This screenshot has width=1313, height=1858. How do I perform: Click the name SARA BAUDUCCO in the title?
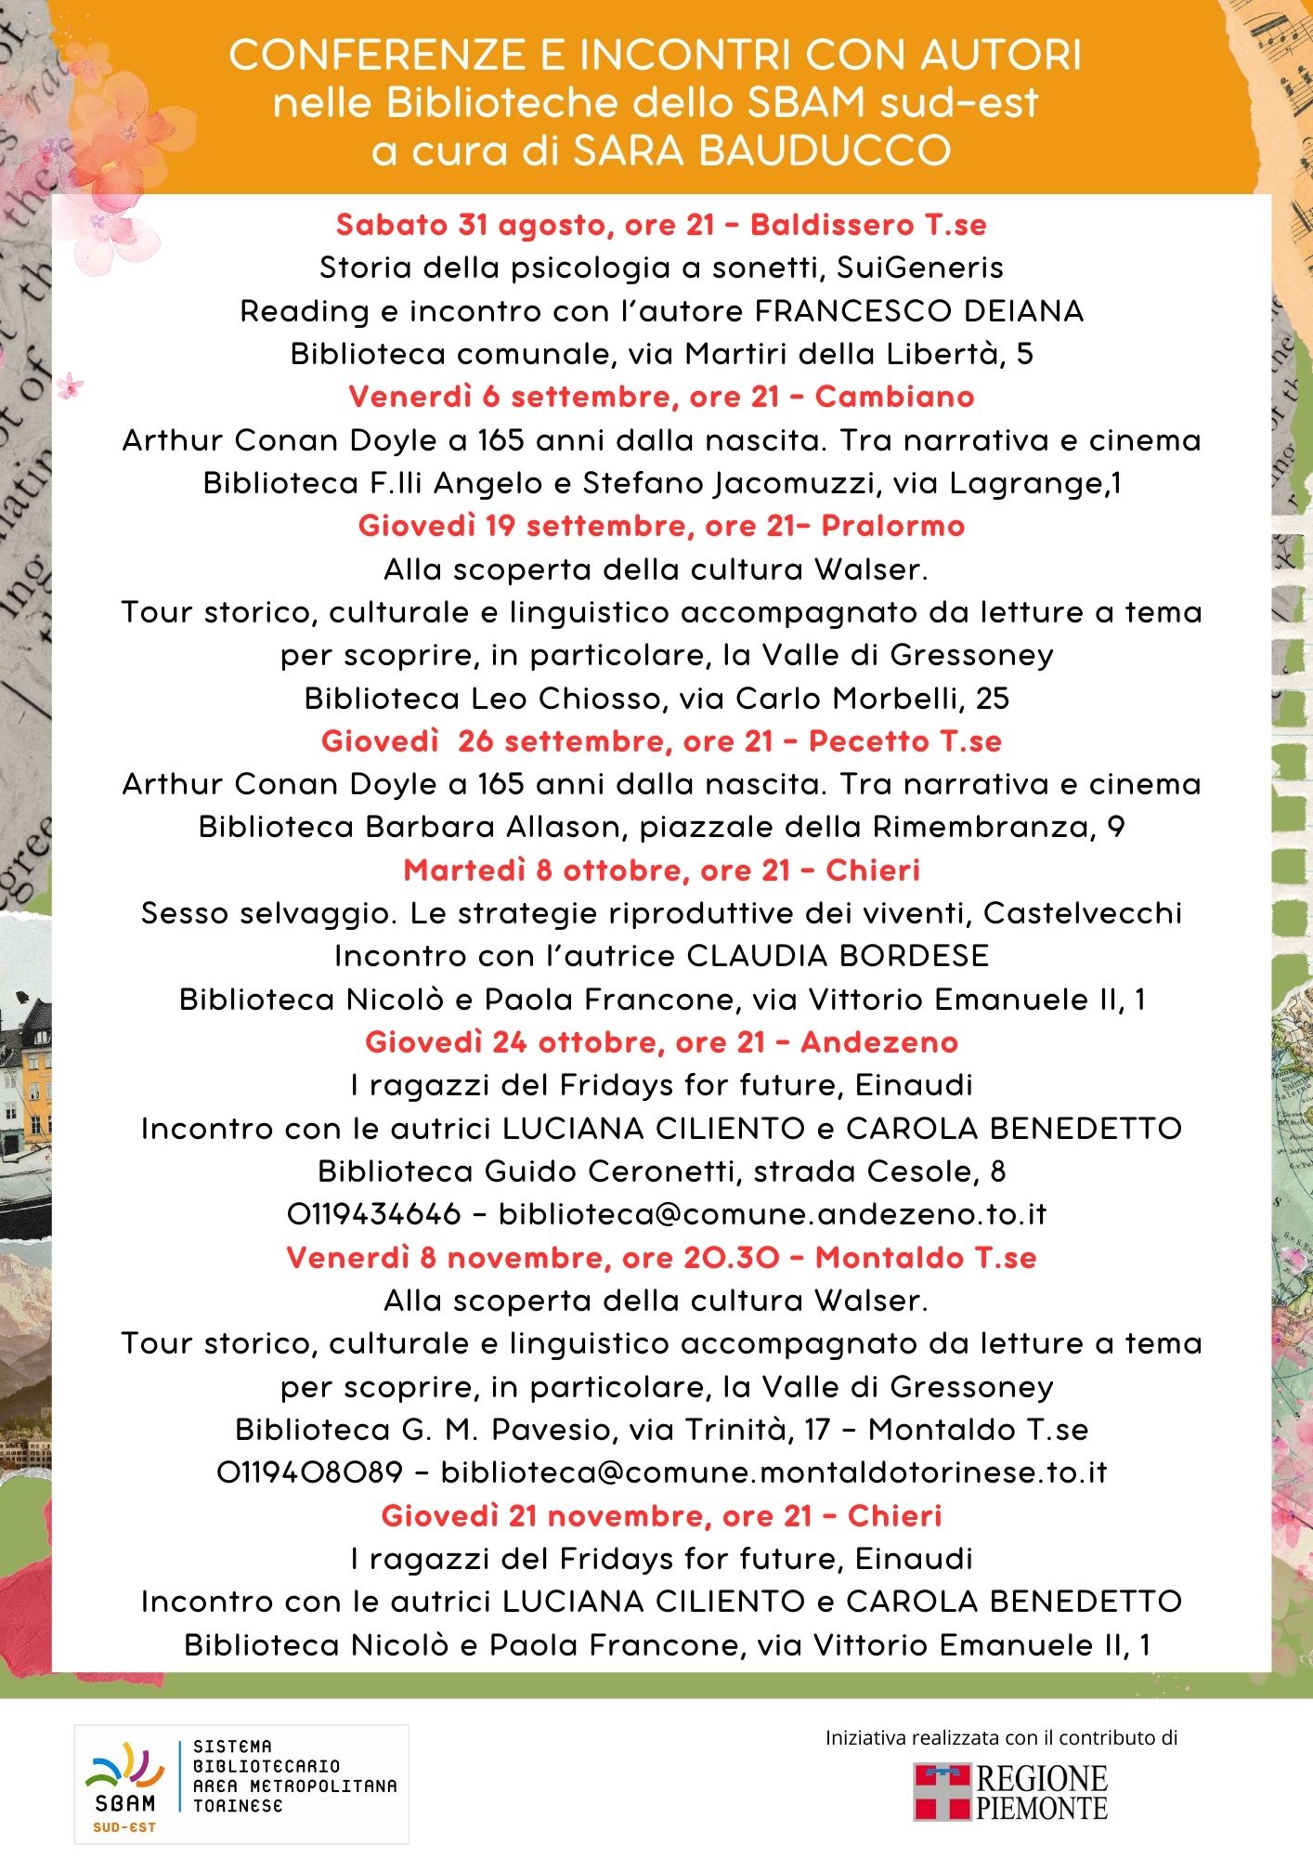click(x=761, y=150)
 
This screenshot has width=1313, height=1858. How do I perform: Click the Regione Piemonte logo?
click(x=1011, y=1792)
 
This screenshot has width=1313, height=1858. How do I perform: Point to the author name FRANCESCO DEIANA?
click(x=919, y=311)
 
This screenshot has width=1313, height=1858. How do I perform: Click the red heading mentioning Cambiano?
click(x=661, y=397)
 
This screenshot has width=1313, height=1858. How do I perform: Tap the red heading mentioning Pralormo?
click(x=661, y=526)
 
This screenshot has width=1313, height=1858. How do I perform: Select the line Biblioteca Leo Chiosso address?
click(x=656, y=699)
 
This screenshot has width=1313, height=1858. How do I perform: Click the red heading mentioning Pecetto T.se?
click(x=661, y=741)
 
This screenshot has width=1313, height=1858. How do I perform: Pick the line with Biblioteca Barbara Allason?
click(x=661, y=827)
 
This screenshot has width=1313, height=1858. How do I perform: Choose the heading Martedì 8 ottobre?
click(x=661, y=870)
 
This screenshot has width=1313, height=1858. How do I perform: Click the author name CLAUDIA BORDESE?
click(x=838, y=956)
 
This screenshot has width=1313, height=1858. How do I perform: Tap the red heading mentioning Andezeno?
click(x=661, y=1042)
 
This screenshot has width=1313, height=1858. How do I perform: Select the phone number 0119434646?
click(x=373, y=1214)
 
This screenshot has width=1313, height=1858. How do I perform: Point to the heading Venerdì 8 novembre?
click(x=661, y=1258)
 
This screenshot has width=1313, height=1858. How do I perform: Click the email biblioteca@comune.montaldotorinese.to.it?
click(x=773, y=1472)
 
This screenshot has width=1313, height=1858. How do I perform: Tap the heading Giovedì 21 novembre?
click(x=661, y=1516)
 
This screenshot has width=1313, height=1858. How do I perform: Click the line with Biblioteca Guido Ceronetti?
click(x=661, y=1171)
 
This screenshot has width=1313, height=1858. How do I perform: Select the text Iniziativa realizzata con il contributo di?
click(x=1001, y=1738)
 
